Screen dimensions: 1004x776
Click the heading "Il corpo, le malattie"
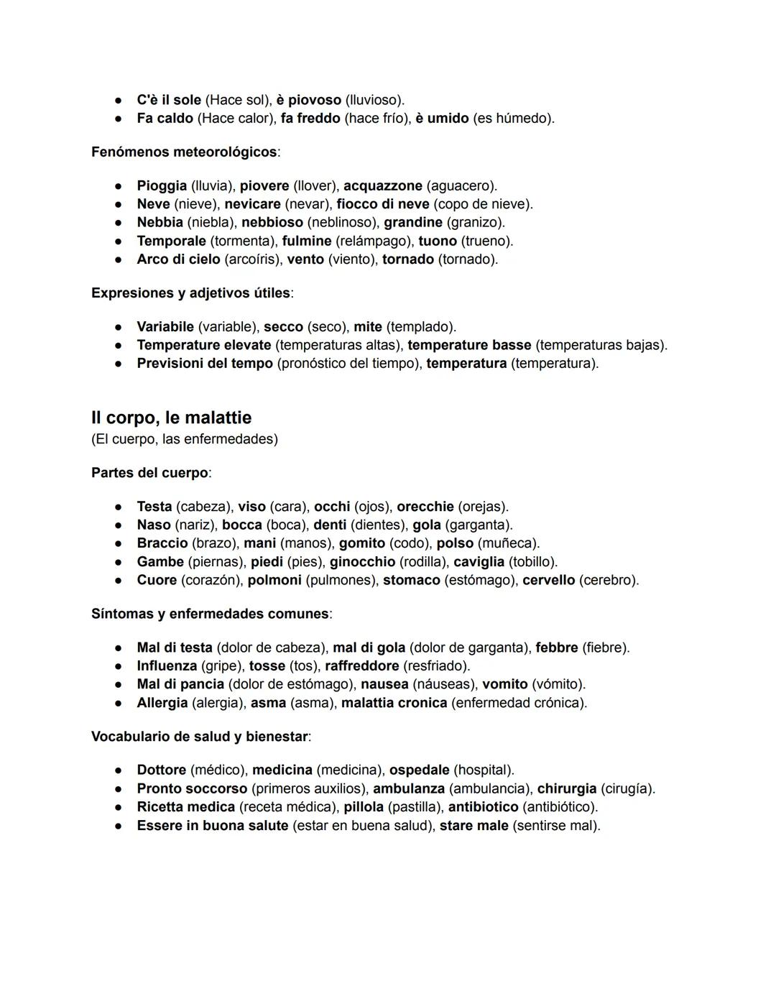pos(171,418)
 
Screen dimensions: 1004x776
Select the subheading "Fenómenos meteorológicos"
pos(184,152)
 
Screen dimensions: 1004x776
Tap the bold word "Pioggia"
pos(162,185)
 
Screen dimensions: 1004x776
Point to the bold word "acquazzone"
pos(382,185)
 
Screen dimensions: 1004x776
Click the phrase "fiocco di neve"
pos(382,204)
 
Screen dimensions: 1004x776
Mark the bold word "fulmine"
pos(307,241)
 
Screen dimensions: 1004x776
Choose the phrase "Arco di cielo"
pos(178,259)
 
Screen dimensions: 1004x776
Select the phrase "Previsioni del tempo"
pos(205,364)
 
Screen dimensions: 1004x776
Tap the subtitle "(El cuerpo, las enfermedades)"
pos(185,439)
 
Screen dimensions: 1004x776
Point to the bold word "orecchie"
pos(425,507)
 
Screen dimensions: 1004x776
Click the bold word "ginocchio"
pos(362,562)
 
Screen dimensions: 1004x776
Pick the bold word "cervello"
pos(548,580)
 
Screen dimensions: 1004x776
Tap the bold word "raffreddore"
pos(361,666)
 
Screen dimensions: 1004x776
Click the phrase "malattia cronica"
pos(394,703)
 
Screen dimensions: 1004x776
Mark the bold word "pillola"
pos(363,807)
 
